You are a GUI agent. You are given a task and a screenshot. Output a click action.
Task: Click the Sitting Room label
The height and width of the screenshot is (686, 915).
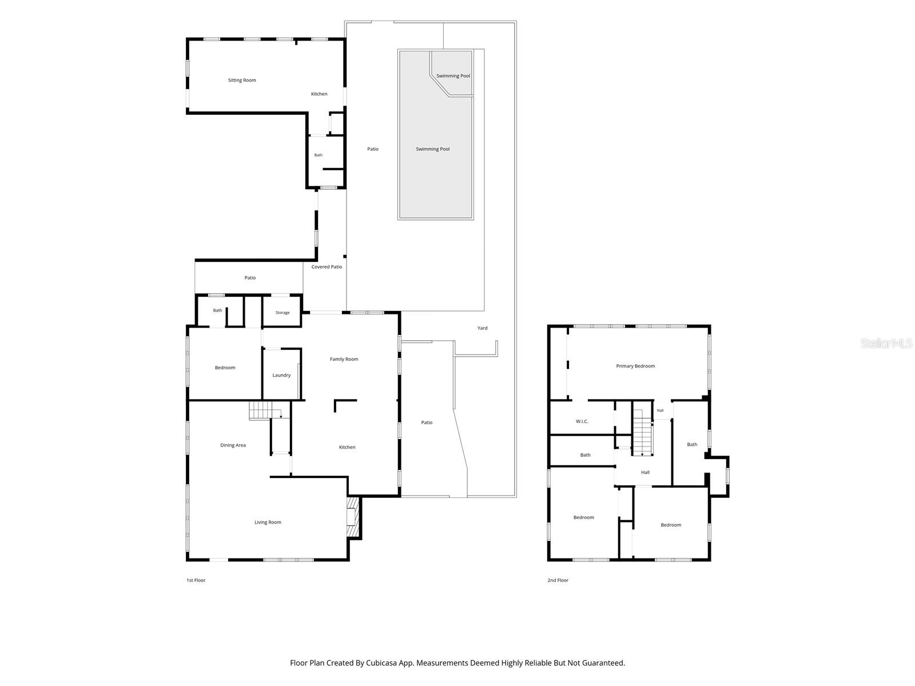point(242,81)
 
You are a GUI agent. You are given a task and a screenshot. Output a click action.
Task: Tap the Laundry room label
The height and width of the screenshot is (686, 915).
point(281,375)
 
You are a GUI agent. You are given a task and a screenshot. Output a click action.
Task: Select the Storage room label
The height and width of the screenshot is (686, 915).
point(282,313)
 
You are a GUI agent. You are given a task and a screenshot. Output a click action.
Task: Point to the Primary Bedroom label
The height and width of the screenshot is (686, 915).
point(635,366)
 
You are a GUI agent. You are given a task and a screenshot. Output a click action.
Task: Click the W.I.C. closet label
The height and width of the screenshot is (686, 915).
point(582,421)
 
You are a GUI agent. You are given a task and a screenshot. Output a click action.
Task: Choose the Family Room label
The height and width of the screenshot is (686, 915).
point(344,359)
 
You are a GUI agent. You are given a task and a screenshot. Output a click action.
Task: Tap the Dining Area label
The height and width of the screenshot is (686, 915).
point(233,445)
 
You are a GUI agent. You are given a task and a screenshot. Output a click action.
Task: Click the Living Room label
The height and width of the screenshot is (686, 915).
point(268,523)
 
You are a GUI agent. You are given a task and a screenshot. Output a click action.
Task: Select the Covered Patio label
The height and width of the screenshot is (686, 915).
point(327,267)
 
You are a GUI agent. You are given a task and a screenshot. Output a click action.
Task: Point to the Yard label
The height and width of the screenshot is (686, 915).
point(482,328)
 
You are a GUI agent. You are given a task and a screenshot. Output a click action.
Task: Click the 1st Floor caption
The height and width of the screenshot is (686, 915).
point(196,580)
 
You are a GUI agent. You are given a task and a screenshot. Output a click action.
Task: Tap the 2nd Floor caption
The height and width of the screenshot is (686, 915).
point(558,580)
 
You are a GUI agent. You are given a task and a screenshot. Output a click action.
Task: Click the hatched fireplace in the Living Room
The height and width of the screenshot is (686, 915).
point(353,518)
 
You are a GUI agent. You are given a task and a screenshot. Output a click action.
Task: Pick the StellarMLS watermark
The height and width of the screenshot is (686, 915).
point(886,344)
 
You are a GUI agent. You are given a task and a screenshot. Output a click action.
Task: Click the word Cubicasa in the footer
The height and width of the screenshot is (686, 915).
point(381,663)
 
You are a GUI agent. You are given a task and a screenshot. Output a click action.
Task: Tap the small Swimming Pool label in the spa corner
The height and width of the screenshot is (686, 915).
point(453,76)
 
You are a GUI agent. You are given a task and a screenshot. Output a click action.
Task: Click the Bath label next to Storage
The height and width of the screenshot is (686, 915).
point(218,311)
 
